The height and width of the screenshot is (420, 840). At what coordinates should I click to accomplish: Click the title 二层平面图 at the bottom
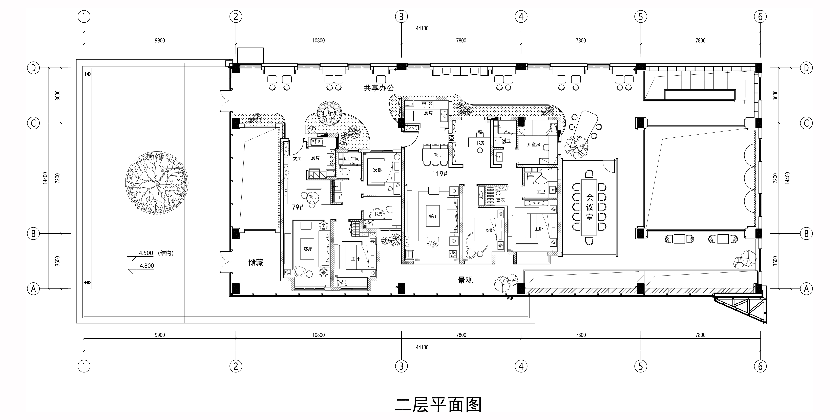pyautogui.click(x=438, y=404)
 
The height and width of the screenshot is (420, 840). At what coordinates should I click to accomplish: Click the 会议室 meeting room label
pyautogui.click(x=590, y=207)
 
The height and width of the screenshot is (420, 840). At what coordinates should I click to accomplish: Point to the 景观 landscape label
pyautogui.click(x=465, y=280)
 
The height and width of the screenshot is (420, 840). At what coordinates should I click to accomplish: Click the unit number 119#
pyautogui.click(x=439, y=174)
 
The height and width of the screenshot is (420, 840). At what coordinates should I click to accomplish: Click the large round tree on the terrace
pyautogui.click(x=157, y=183)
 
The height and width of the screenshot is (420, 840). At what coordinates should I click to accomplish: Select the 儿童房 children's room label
pyautogui.click(x=533, y=144)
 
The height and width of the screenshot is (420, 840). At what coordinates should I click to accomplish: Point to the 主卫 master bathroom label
pyautogui.click(x=541, y=192)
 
